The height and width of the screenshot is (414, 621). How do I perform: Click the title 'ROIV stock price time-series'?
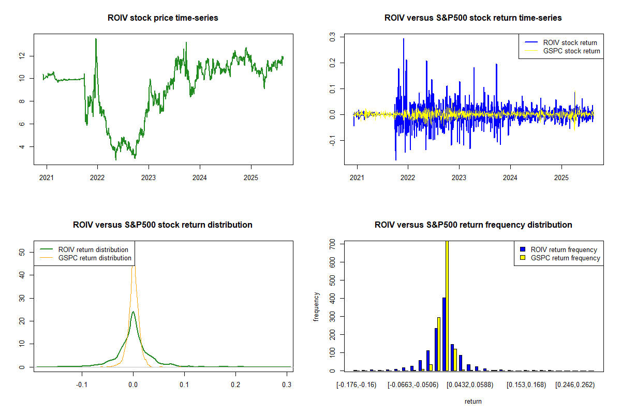163,18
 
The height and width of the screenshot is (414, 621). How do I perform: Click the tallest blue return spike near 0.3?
404,39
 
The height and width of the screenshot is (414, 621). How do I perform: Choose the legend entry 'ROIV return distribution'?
93,250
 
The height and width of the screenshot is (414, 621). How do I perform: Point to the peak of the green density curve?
133,312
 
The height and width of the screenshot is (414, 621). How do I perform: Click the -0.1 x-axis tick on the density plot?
81,385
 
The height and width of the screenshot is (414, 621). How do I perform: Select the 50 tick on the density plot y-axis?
22,253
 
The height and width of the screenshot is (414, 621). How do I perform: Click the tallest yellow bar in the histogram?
447,305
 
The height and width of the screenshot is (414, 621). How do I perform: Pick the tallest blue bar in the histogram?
444,334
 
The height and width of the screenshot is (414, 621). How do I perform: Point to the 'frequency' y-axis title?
316,307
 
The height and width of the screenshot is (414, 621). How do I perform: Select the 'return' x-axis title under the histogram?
473,401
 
